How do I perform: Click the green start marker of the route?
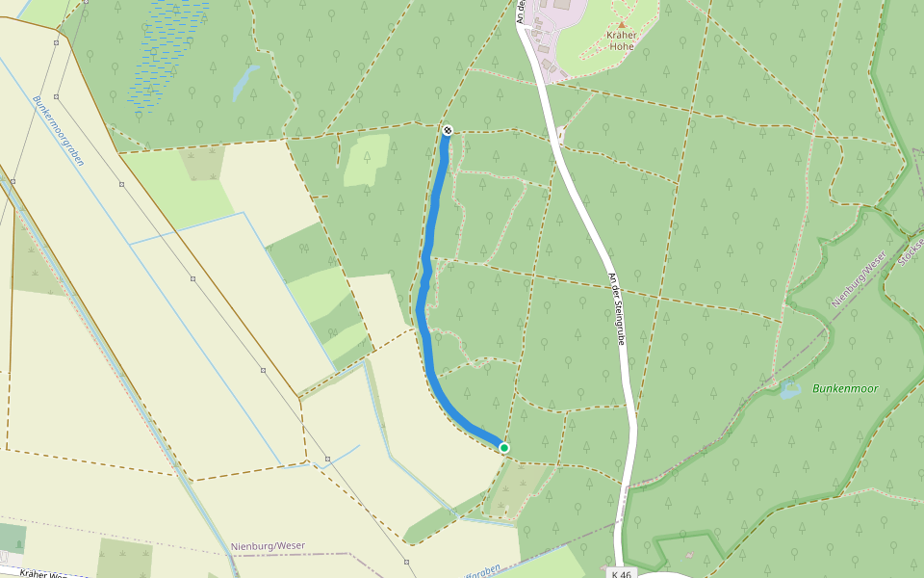click(503, 447)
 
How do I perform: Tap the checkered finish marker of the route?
click(448, 129)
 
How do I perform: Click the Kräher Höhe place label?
click(622, 40)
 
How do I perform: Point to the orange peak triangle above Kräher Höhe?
click(622, 23)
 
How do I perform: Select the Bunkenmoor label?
click(845, 388)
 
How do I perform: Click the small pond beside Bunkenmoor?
click(790, 390)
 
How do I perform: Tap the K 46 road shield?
click(622, 573)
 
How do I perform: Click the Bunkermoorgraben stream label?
click(58, 130)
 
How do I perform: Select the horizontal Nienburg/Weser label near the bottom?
click(268, 546)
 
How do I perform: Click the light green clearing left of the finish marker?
click(367, 159)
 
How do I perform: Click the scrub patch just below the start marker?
click(505, 491)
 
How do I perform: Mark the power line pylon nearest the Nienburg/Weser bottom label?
click(328, 459)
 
